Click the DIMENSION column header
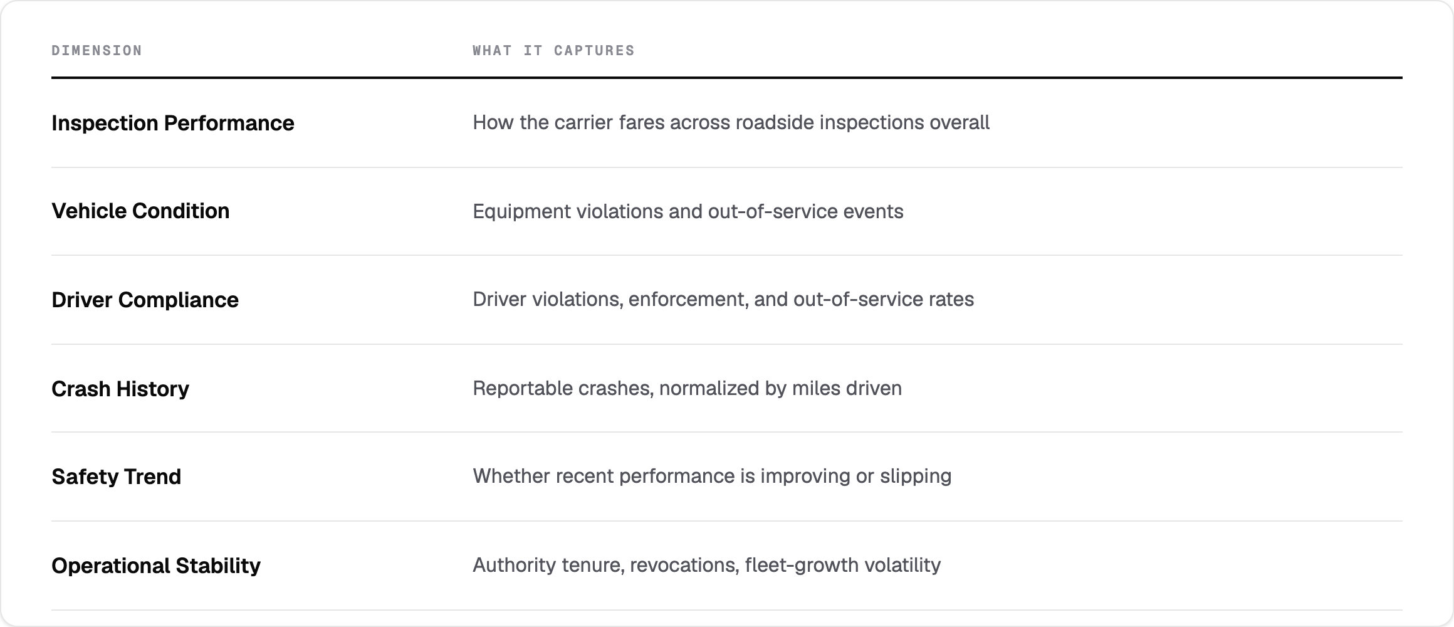[97, 50]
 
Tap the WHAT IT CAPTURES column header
[553, 50]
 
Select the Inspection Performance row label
[172, 123]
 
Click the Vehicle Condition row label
[140, 211]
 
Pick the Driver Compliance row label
[145, 300]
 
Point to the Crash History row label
[120, 389]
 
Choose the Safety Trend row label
[116, 477]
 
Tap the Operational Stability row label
[156, 566]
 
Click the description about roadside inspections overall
[731, 122]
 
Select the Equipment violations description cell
[688, 211]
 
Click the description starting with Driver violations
[723, 300]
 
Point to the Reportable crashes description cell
[687, 389]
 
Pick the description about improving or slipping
[712, 477]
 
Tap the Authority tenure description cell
[706, 566]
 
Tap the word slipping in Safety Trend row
[916, 477]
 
